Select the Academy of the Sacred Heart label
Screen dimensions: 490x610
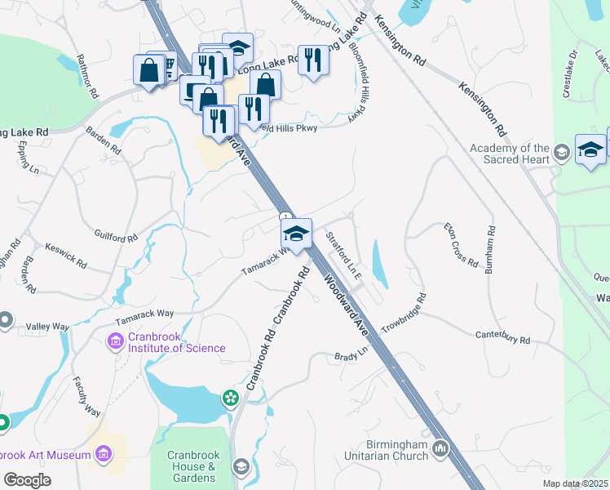click(x=510, y=153)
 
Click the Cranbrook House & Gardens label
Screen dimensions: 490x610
click(x=191, y=466)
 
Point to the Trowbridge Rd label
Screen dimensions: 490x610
click(x=404, y=310)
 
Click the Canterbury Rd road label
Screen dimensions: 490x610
click(x=503, y=337)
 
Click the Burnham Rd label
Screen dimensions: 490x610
click(x=489, y=250)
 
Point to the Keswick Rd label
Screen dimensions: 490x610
click(x=65, y=255)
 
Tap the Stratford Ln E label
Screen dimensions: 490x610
click(x=343, y=256)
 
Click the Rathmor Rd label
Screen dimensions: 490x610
click(x=87, y=76)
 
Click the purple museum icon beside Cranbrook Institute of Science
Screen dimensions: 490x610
click(x=115, y=340)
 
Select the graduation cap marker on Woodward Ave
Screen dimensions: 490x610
click(x=296, y=234)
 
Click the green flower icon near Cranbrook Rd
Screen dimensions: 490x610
click(x=232, y=398)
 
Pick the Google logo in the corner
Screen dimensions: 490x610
click(x=28, y=480)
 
